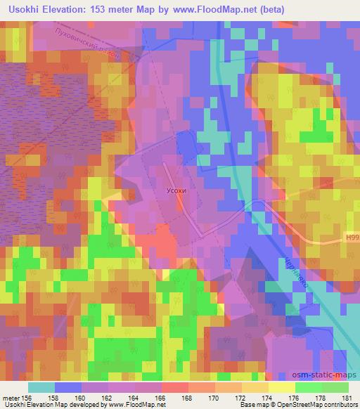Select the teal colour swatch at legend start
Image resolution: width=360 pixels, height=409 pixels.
[x=41, y=387]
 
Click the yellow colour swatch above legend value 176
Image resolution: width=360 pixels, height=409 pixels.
[x=281, y=387]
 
